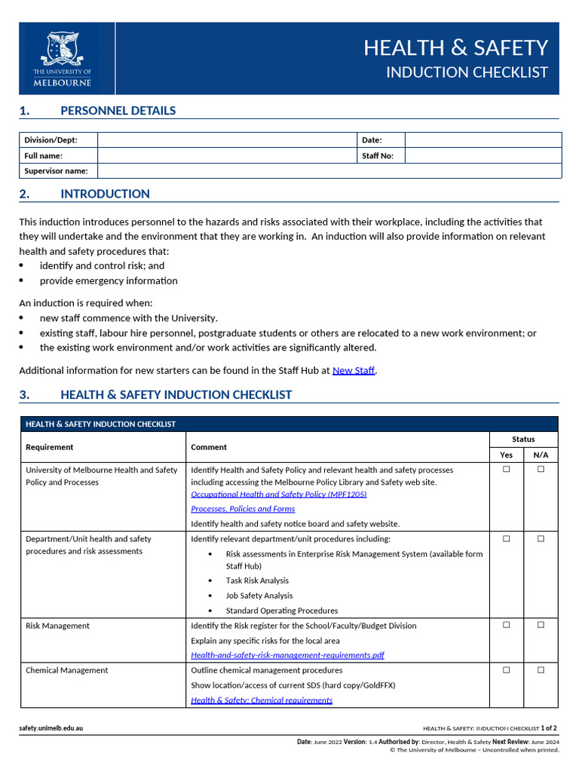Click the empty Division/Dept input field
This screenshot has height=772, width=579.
click(226, 140)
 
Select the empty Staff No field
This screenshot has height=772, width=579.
click(482, 156)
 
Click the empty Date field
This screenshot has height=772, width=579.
click(482, 140)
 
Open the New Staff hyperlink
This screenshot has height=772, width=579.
click(354, 371)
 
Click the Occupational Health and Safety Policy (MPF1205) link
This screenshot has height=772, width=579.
click(279, 495)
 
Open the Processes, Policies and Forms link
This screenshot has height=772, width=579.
click(243, 509)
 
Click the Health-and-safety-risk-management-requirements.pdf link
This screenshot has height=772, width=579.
click(287, 655)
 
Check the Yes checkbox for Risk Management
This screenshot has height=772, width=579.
click(507, 625)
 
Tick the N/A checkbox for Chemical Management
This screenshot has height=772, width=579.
click(541, 670)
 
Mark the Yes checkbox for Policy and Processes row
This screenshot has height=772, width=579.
click(507, 469)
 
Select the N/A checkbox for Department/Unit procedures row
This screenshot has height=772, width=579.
click(541, 538)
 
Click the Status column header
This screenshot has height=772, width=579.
click(523, 440)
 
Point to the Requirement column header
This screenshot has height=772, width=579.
click(50, 447)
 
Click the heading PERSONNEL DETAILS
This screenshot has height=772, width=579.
click(118, 111)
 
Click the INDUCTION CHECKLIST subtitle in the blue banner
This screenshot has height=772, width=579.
click(467, 72)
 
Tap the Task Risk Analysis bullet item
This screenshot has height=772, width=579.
click(257, 581)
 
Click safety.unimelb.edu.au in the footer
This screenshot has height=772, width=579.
click(51, 728)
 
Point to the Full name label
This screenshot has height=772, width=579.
click(44, 156)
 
